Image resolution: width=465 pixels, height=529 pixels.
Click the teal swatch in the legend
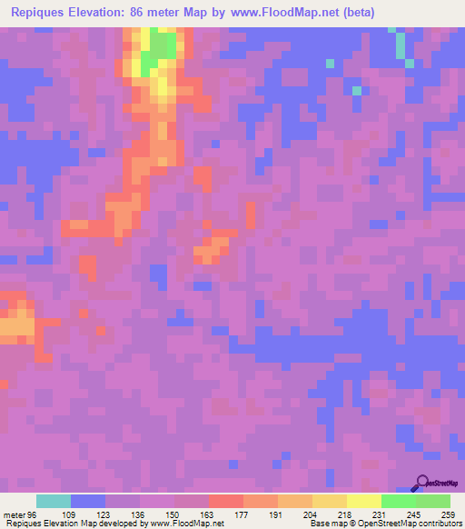(54, 501)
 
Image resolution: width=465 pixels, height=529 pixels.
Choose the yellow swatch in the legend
(364, 501)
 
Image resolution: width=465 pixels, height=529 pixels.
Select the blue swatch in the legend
(88, 501)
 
